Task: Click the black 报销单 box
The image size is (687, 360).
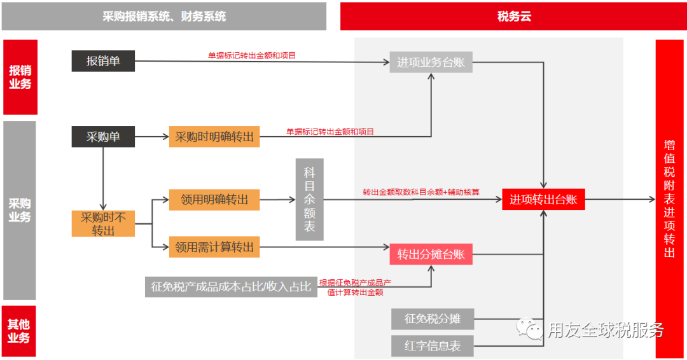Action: [x=103, y=62]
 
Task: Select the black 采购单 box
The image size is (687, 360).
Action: [x=103, y=136]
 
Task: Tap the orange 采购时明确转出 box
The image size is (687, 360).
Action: [x=214, y=137]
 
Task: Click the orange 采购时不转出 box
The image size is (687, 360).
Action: [x=103, y=224]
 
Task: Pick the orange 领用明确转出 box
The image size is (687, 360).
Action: [x=214, y=199]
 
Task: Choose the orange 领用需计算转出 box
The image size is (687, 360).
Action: [x=214, y=247]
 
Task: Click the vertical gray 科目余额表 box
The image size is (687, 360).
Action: [x=309, y=200]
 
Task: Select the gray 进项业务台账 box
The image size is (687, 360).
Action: [x=431, y=62]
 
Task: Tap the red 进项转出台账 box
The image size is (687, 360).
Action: [x=543, y=199]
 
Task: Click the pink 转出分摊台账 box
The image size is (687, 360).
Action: [x=431, y=254]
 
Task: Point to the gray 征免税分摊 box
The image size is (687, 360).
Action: [x=433, y=319]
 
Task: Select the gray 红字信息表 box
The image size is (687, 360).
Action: [x=433, y=346]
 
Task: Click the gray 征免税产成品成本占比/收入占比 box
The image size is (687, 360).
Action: [x=231, y=287]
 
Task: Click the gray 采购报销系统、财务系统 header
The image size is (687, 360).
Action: [x=164, y=17]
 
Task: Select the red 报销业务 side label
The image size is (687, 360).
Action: [x=20, y=77]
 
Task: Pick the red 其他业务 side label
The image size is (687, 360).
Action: [x=19, y=331]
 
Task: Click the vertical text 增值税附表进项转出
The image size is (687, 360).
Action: [x=669, y=198]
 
